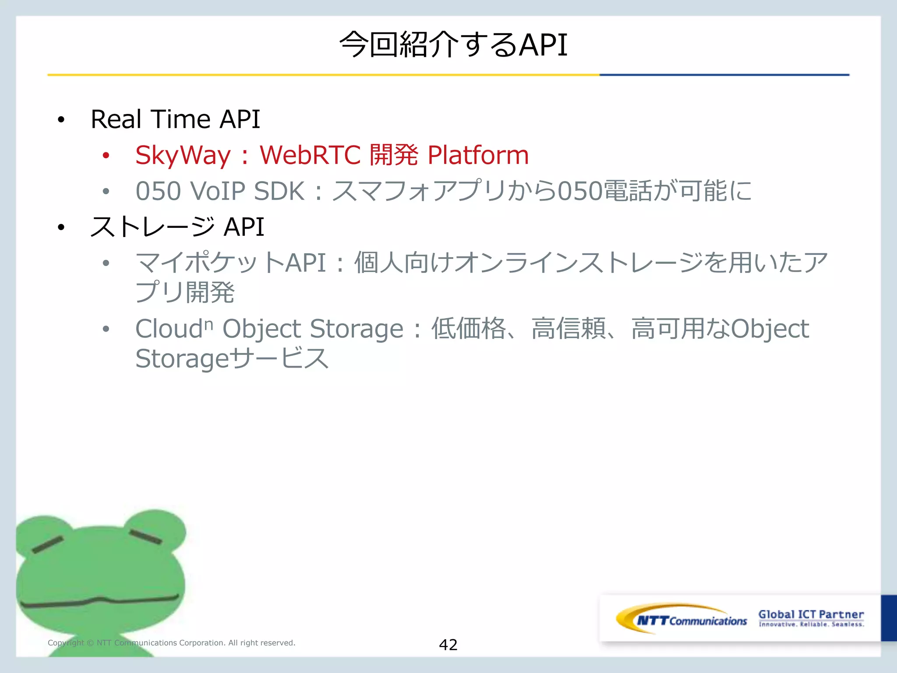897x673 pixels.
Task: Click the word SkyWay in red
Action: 183,156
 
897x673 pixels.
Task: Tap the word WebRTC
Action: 310,155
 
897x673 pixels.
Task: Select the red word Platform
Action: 478,155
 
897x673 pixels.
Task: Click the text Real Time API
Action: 175,119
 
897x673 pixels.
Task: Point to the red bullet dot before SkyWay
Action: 106,155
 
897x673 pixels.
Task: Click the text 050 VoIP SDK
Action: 219,191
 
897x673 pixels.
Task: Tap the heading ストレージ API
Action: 177,227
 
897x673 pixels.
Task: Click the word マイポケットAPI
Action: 230,263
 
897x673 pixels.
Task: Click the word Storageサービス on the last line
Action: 232,358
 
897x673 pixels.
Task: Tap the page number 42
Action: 448,645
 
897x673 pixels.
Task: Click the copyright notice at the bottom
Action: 171,643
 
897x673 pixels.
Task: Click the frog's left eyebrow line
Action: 48,544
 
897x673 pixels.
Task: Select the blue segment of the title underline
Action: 724,75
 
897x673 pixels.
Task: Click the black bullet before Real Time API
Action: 61,120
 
